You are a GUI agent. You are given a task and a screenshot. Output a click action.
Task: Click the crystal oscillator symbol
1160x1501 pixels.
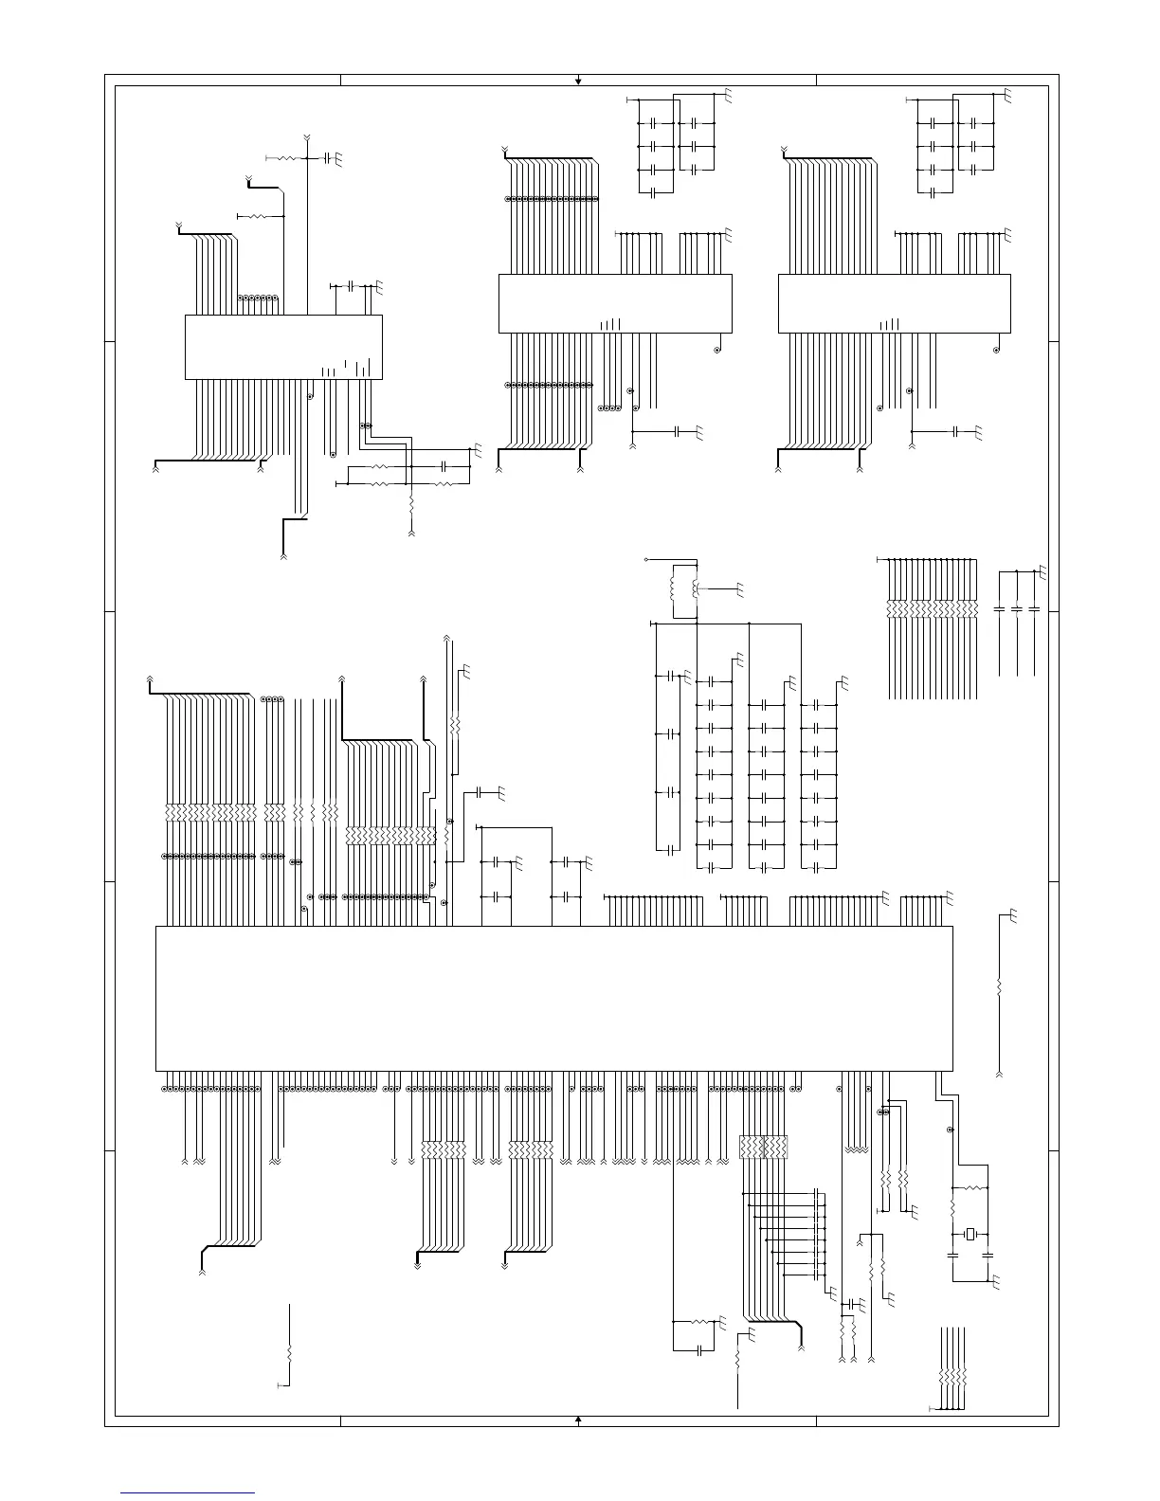tap(970, 1233)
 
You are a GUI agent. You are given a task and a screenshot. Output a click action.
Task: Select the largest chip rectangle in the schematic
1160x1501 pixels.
tap(553, 999)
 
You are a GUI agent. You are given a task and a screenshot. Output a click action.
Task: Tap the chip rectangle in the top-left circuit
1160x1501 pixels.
tap(282, 347)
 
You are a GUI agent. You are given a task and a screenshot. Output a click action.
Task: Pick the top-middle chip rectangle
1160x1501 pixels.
tap(615, 303)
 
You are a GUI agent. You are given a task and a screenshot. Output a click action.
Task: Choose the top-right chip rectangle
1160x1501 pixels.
tap(894, 303)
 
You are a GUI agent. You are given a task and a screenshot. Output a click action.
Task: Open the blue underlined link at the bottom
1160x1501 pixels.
tap(189, 1493)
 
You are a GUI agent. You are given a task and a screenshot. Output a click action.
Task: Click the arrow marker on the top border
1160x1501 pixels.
tap(578, 81)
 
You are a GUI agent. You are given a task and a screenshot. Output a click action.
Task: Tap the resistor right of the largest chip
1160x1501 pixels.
tap(999, 987)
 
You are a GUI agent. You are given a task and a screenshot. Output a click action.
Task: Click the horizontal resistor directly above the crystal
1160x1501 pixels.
tap(970, 1187)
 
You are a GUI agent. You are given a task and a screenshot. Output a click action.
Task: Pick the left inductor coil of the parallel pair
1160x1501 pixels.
tap(673, 588)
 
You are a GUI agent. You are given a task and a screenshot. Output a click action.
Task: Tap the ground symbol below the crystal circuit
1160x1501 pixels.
tap(998, 1285)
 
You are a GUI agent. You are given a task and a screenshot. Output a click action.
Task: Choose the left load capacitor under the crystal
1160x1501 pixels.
tap(952, 1255)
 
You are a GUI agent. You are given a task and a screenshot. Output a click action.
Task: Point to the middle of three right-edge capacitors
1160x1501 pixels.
tap(1016, 607)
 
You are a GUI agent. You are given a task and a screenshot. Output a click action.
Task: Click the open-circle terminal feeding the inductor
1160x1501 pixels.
tap(646, 561)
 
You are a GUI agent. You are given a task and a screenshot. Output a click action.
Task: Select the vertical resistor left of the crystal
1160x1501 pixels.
tap(952, 1210)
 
